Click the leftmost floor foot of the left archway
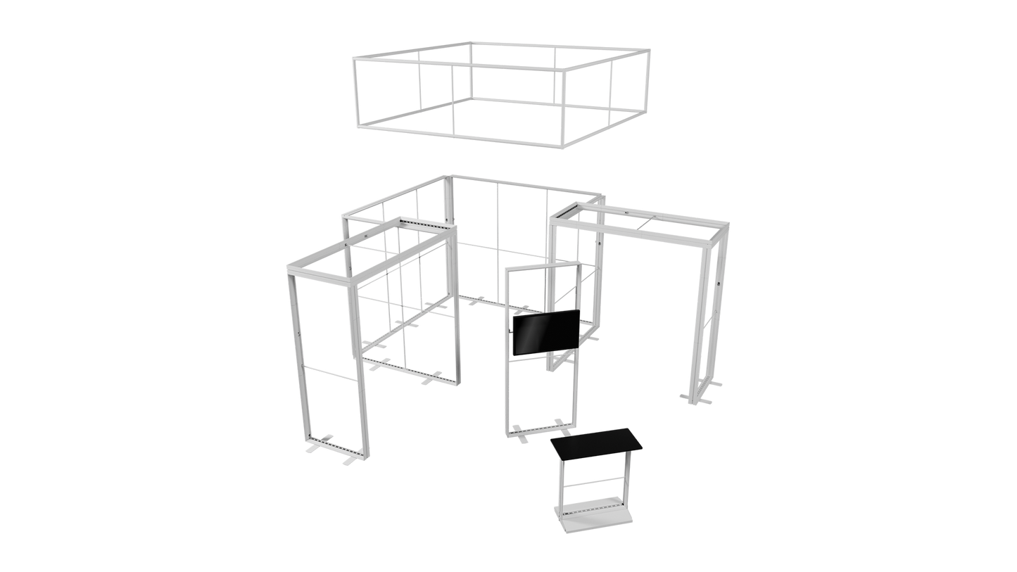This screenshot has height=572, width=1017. (310, 448)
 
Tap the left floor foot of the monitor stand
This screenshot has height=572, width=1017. (522, 440)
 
